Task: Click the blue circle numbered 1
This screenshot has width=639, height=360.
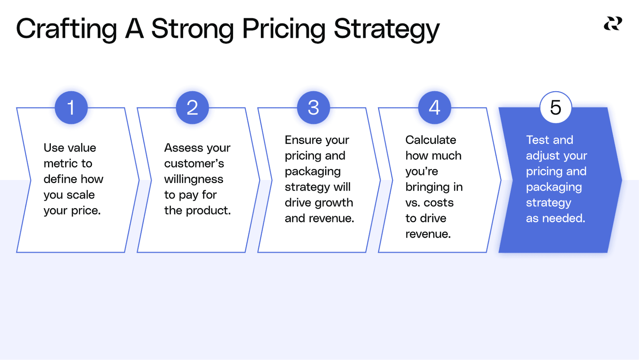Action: click(x=71, y=108)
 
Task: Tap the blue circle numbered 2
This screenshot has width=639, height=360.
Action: click(x=192, y=108)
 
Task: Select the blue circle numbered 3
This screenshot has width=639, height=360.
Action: click(x=313, y=108)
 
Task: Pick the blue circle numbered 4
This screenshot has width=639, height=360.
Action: click(x=434, y=108)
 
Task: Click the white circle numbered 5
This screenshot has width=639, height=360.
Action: click(x=556, y=108)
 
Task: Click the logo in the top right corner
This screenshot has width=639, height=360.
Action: click(x=613, y=24)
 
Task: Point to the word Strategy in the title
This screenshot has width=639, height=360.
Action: click(x=386, y=29)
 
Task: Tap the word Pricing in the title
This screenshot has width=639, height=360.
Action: click(x=284, y=29)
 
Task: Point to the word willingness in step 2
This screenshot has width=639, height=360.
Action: click(x=194, y=179)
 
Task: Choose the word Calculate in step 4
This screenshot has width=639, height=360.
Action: click(x=431, y=140)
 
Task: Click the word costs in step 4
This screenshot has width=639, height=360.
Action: click(x=439, y=203)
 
